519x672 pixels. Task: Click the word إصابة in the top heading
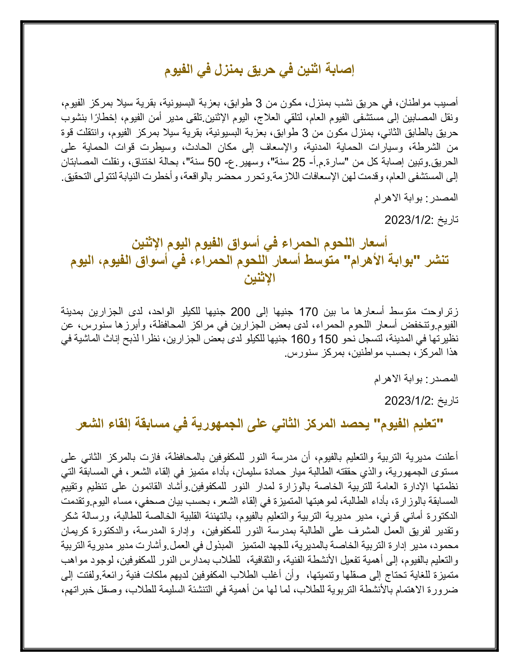pyautogui.click(x=340, y=70)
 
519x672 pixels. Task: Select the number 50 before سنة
pyautogui.click(x=214, y=162)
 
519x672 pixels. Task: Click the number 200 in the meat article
pyautogui.click(x=241, y=312)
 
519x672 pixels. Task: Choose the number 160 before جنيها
pyautogui.click(x=300, y=339)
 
